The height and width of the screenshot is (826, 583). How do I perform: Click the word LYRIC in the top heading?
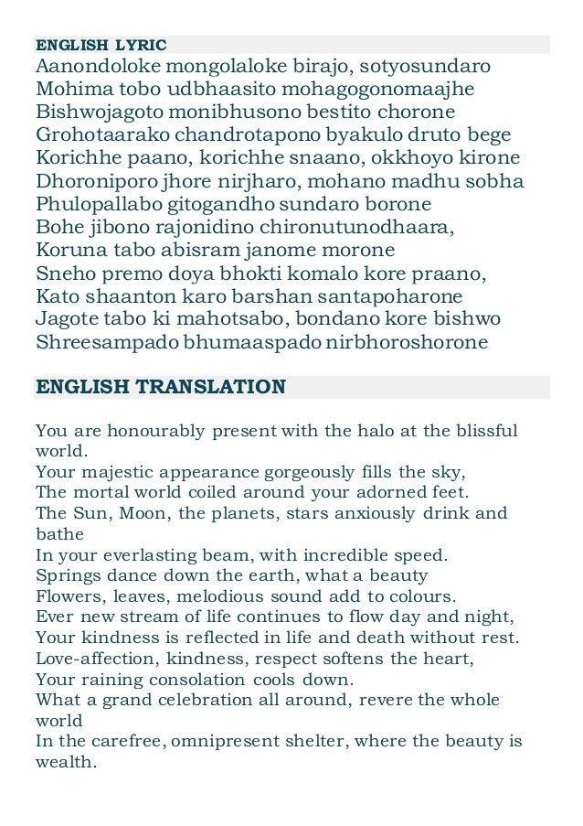click(x=140, y=44)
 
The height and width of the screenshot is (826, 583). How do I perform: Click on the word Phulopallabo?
click(x=101, y=204)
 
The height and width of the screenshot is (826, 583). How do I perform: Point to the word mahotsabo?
click(x=216, y=319)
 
